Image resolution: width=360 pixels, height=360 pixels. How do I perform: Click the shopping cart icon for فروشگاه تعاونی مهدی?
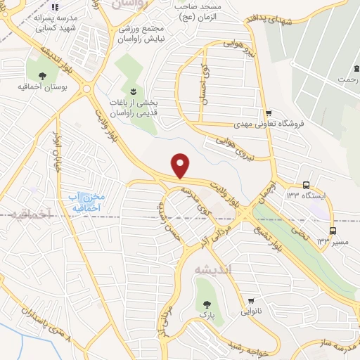[269, 112]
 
